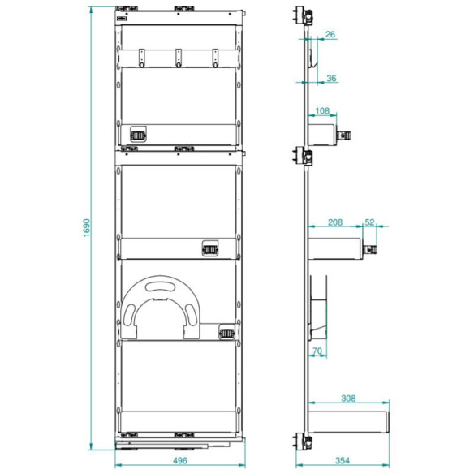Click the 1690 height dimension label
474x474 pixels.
click(x=87, y=227)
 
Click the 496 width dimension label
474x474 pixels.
click(x=180, y=461)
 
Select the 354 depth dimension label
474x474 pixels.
click(x=343, y=461)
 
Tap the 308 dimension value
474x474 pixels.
click(x=348, y=399)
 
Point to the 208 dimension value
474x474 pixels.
click(x=335, y=222)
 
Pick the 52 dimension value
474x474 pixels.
click(x=369, y=222)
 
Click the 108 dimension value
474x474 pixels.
click(x=322, y=111)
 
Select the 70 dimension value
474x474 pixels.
click(x=317, y=351)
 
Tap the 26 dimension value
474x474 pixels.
click(x=330, y=34)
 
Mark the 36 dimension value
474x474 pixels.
click(x=331, y=78)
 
